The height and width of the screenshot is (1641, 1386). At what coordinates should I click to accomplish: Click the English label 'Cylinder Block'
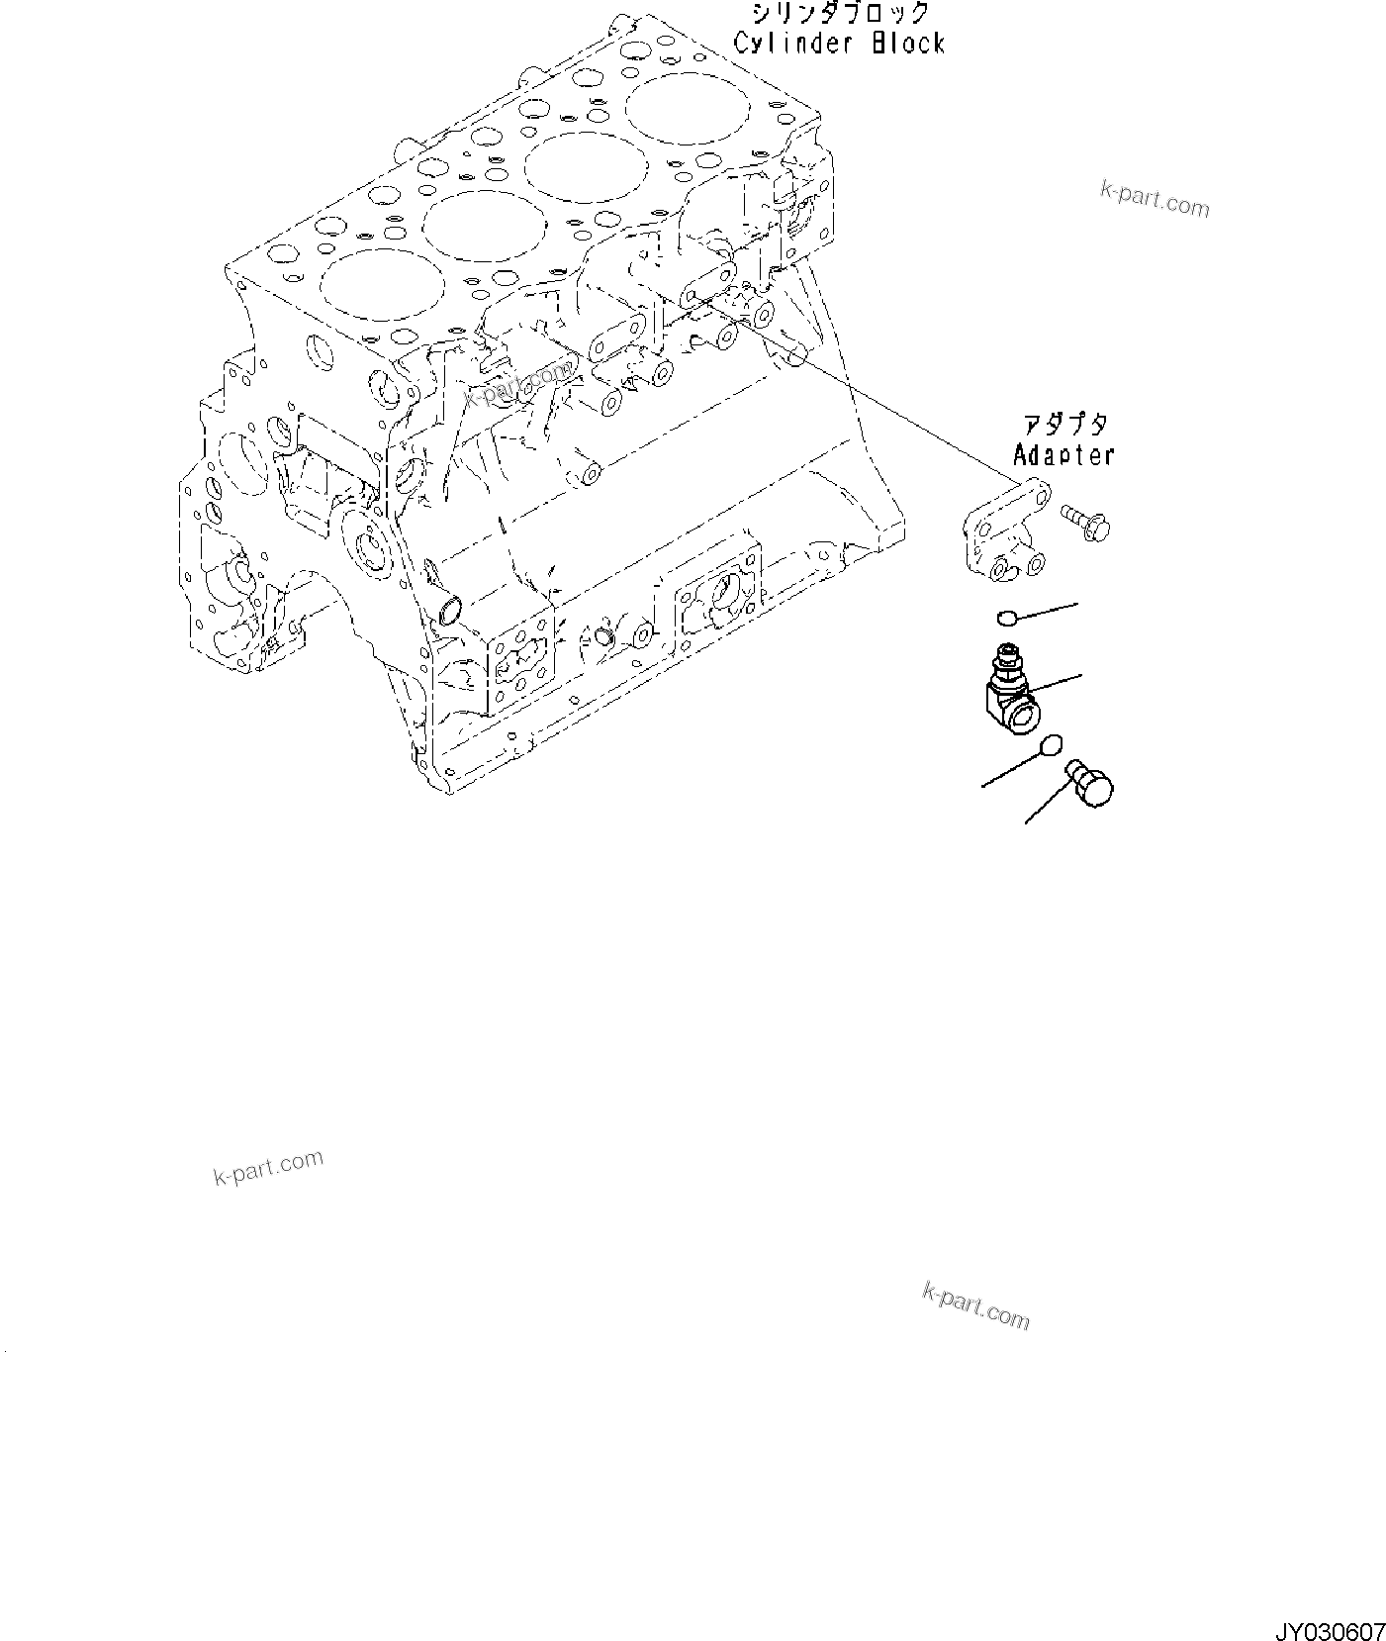[839, 44]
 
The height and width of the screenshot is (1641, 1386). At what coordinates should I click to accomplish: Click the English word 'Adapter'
[1063, 455]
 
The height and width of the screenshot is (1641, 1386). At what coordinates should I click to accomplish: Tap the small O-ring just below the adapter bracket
[1006, 619]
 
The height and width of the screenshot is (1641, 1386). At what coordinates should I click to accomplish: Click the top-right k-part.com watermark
[1155, 201]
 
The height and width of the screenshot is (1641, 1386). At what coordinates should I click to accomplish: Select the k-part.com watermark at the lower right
[975, 1305]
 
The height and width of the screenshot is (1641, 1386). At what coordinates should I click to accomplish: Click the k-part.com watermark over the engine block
[518, 384]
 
